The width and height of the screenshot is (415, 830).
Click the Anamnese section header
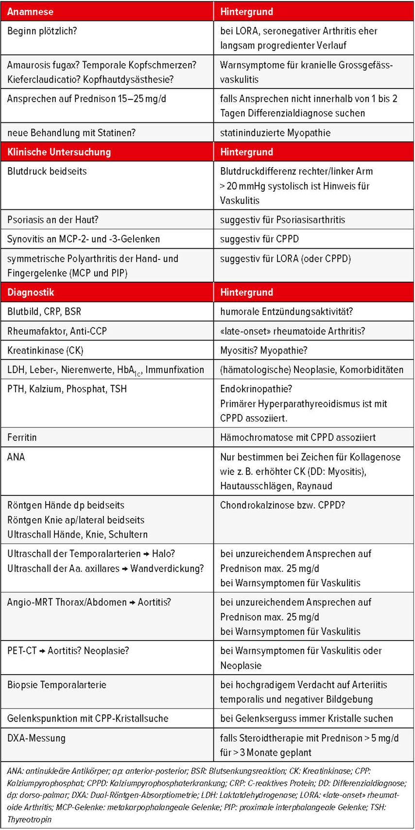[30, 12]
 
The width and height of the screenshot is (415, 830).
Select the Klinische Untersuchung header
[59, 152]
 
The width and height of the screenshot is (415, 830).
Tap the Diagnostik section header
[31, 292]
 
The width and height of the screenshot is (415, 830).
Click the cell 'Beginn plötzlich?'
[42, 31]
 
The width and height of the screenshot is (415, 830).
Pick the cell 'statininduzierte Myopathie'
[275, 133]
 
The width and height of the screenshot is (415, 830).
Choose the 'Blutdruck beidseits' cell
[47, 171]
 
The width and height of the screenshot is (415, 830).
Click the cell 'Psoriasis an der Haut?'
[52, 220]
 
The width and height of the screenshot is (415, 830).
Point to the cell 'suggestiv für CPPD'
[259, 239]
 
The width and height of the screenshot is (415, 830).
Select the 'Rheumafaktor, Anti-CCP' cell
[57, 331]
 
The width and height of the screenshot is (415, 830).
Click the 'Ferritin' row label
[22, 437]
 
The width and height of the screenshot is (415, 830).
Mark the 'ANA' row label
[16, 457]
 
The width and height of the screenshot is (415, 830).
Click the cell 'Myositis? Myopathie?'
[264, 350]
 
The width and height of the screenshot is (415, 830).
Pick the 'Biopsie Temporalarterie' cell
[57, 685]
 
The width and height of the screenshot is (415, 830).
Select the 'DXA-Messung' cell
[36, 738]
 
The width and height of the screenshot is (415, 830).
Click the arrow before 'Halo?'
[145, 554]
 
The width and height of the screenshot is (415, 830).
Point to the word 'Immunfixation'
[175, 370]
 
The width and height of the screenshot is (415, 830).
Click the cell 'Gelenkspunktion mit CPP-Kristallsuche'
[88, 718]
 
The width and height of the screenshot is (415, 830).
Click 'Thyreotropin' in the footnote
[29, 819]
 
